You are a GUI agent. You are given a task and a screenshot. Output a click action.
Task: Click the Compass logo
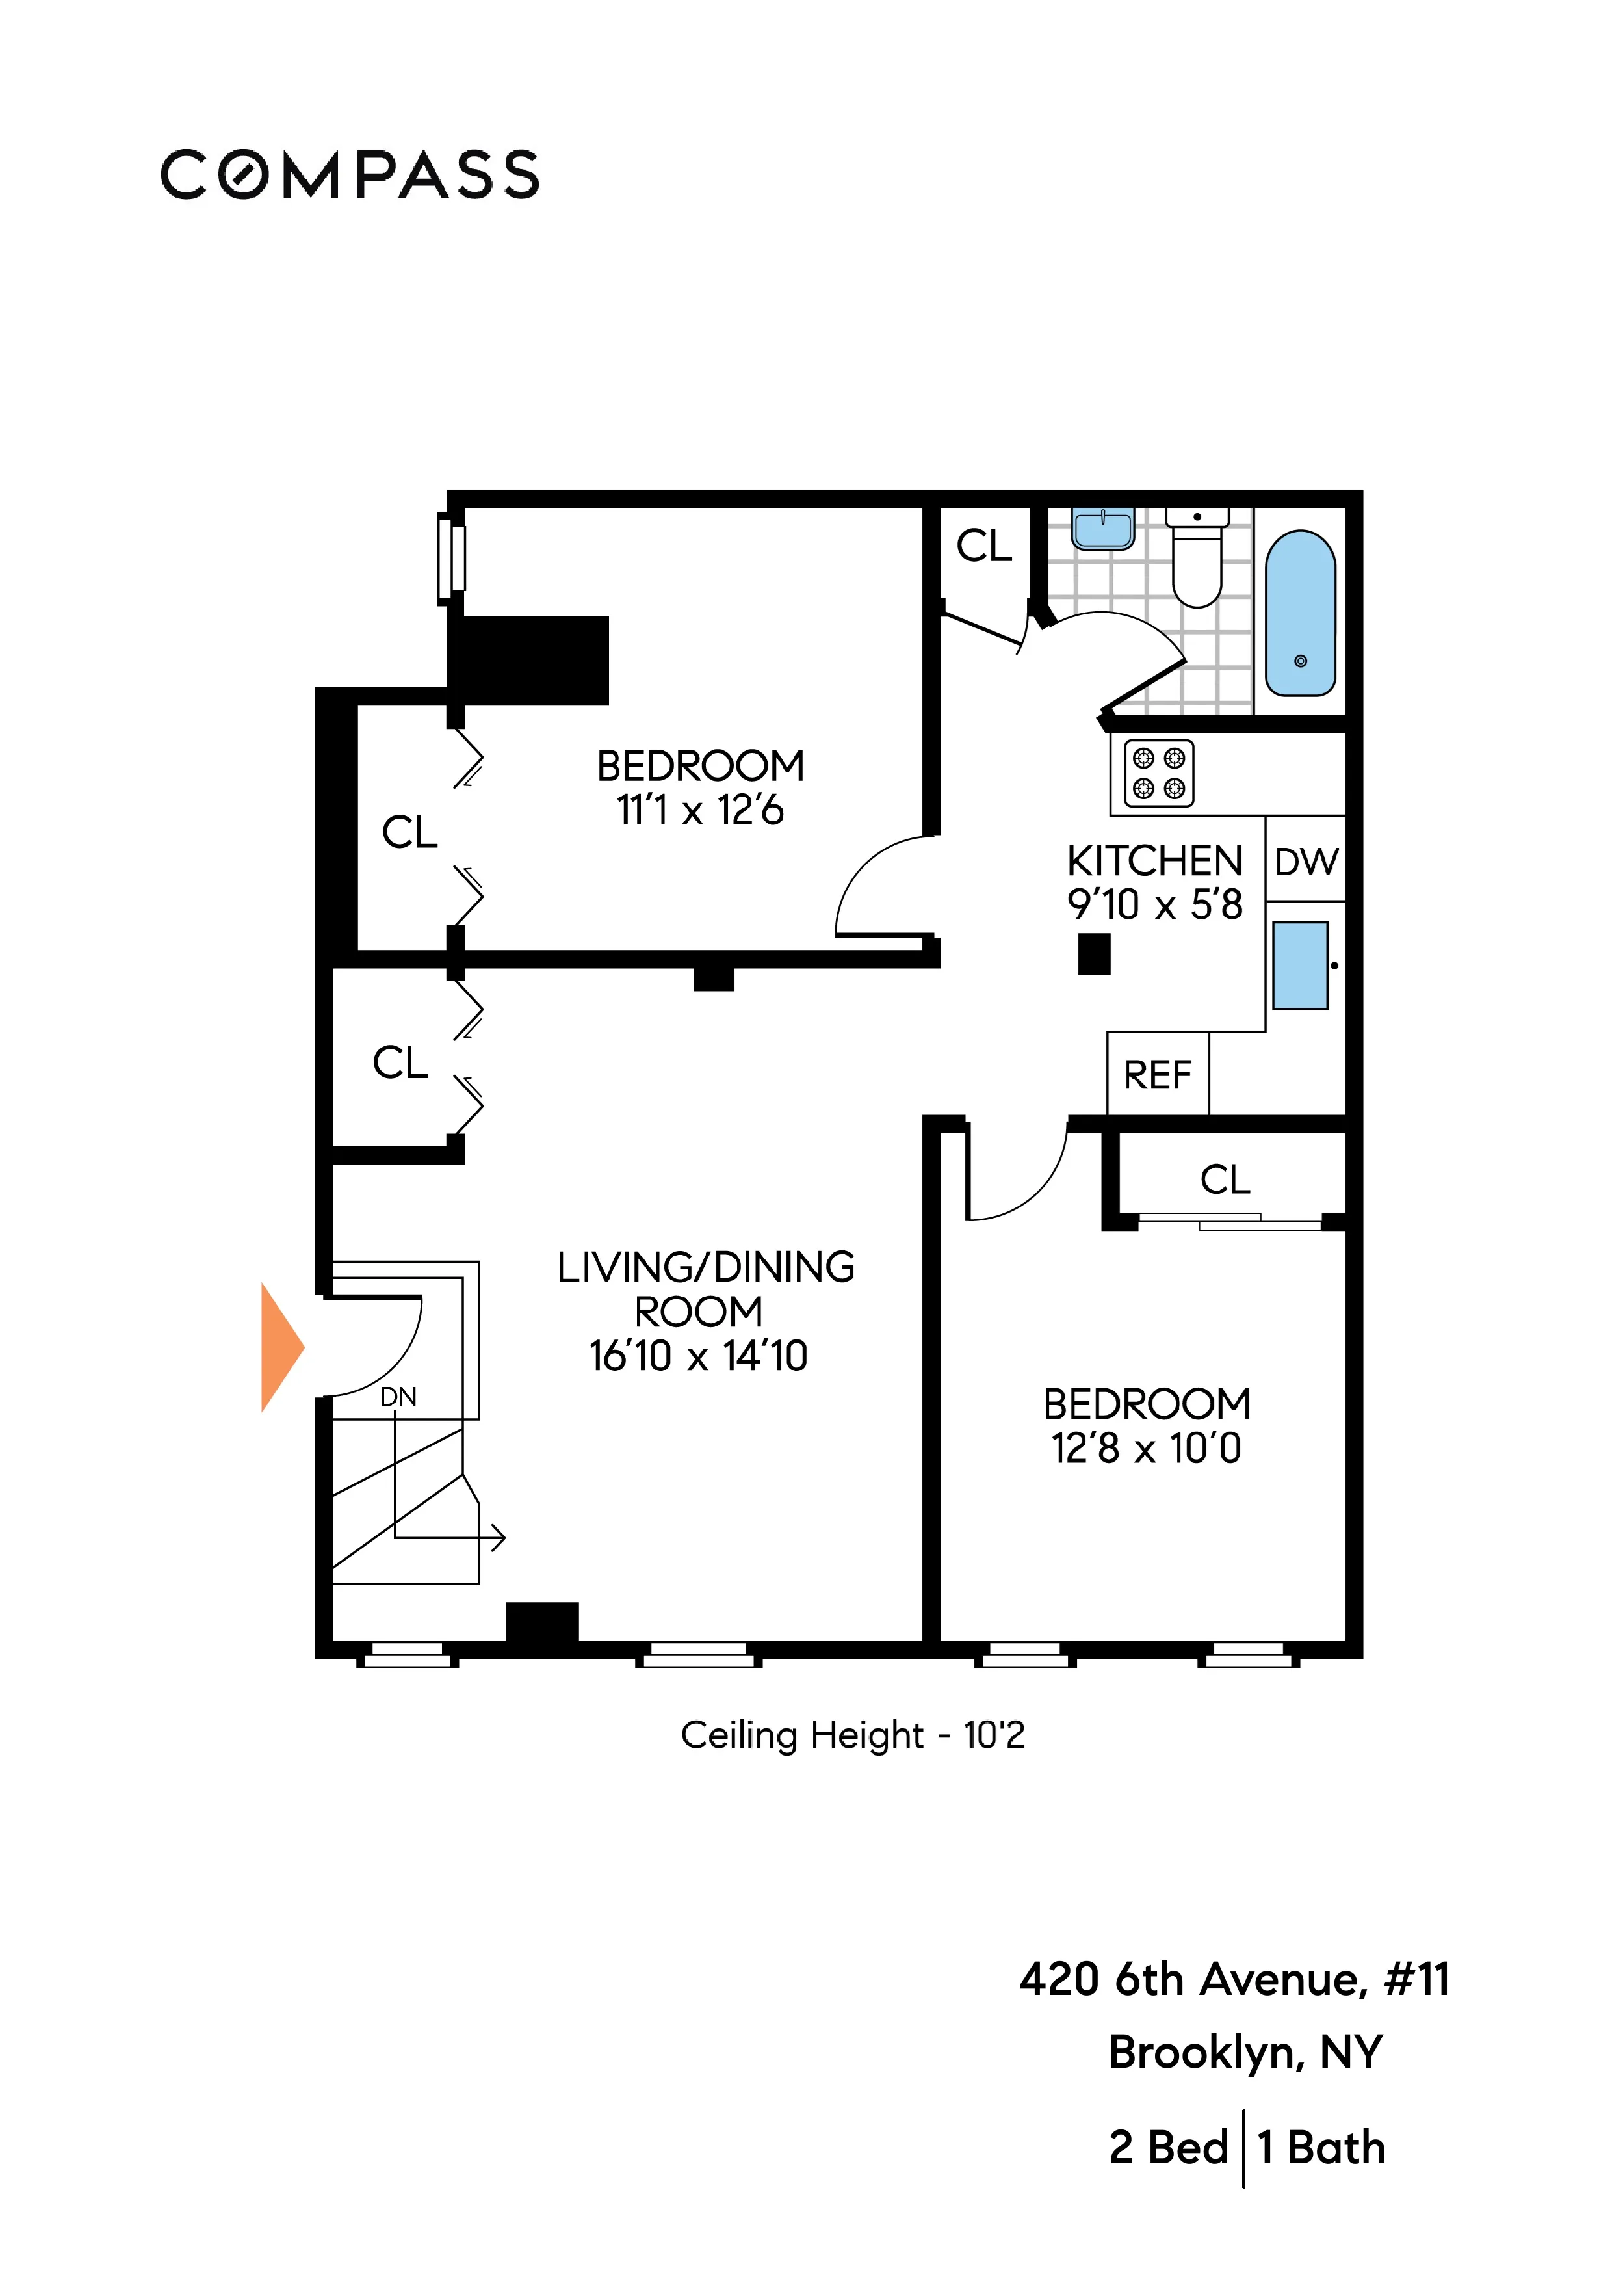click(350, 175)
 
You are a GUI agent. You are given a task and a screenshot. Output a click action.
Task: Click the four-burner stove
click(1158, 773)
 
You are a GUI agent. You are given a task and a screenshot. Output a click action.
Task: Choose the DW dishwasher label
click(1306, 862)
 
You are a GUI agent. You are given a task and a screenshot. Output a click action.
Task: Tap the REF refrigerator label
click(1157, 1075)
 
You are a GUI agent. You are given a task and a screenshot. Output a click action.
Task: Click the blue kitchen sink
click(1299, 966)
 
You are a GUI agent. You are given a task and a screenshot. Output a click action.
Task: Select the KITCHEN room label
click(1154, 860)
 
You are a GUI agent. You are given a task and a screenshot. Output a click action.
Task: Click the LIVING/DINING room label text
click(705, 1268)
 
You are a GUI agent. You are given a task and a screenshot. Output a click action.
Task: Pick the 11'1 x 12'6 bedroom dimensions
click(700, 811)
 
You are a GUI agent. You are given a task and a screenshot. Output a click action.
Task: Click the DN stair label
click(398, 1397)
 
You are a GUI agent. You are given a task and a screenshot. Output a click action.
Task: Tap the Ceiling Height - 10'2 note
click(852, 1735)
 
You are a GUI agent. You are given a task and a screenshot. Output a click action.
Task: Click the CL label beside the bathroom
click(983, 546)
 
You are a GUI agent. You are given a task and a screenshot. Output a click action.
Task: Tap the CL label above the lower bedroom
click(1225, 1180)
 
